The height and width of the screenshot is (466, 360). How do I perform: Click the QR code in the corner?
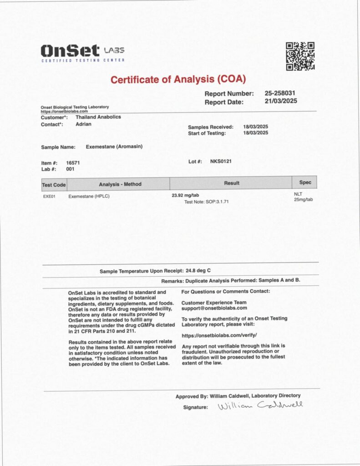click(x=300, y=56)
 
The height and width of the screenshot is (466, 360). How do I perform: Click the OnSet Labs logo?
click(x=82, y=53)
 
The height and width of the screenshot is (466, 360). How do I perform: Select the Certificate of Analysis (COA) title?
click(x=178, y=79)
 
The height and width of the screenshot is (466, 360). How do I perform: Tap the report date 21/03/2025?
click(x=280, y=101)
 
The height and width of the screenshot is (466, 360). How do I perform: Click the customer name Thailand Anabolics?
click(x=98, y=117)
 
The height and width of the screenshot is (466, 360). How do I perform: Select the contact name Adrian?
click(x=83, y=124)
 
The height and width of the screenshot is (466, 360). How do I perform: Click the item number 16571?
click(x=73, y=162)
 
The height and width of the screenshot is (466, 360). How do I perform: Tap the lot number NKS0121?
click(x=221, y=161)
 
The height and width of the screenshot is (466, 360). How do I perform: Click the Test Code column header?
click(x=54, y=184)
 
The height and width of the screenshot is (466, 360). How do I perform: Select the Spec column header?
click(x=305, y=182)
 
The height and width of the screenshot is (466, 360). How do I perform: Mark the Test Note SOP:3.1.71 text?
click(x=206, y=201)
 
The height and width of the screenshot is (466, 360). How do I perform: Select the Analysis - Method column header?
click(x=120, y=184)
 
